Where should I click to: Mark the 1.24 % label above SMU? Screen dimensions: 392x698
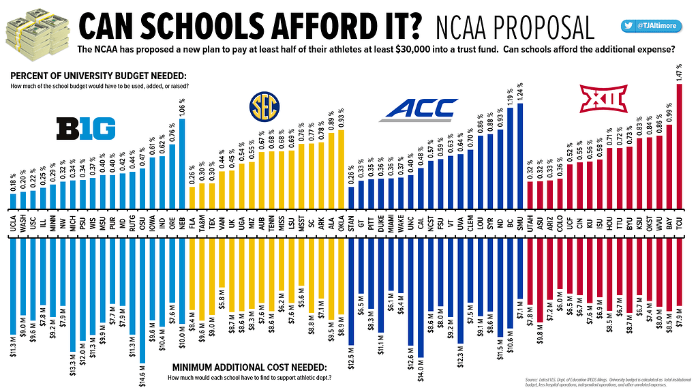pyautogui.click(x=521, y=91)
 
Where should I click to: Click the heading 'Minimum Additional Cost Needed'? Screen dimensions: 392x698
pyautogui.click(x=249, y=366)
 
